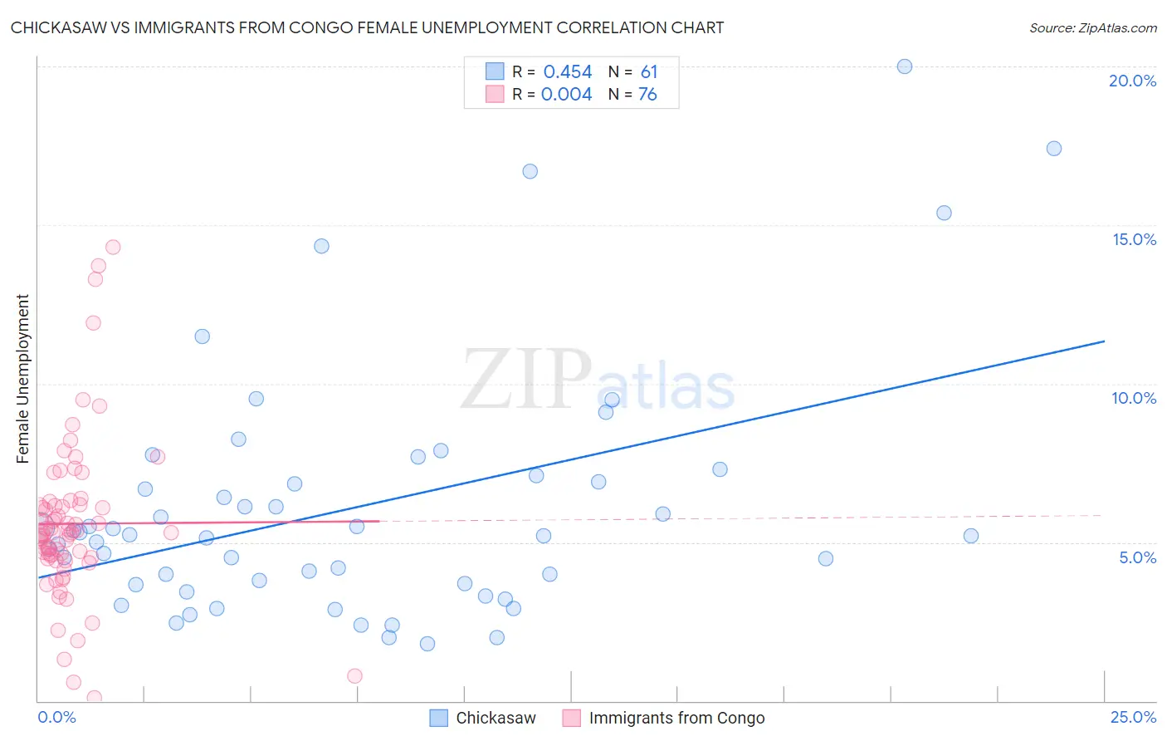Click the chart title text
(367, 27)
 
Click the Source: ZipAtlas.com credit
(1092, 27)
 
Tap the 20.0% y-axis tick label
(1132, 81)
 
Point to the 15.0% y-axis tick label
(1134, 239)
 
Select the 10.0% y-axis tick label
(1134, 398)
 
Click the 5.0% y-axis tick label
(1137, 557)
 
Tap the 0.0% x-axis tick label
(56, 717)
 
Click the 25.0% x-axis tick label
(1133, 717)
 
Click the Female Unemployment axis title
(22, 378)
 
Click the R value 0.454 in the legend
(568, 72)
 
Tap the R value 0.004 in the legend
(566, 95)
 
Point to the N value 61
(648, 72)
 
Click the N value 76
(647, 95)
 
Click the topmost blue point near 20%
(905, 66)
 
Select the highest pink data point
(113, 247)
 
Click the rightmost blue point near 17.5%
(1054, 149)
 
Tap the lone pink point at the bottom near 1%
(354, 675)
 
